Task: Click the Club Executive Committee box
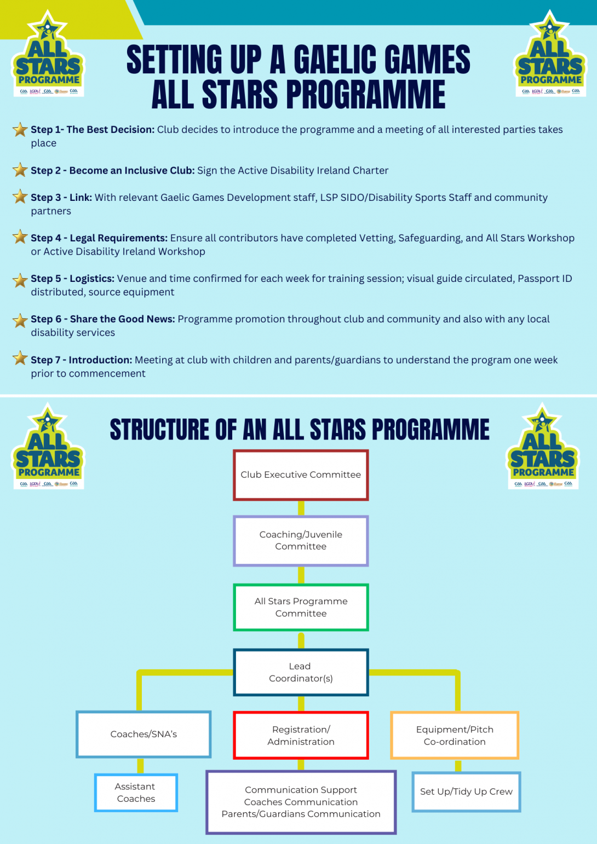(x=301, y=475)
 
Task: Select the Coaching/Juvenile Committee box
(x=301, y=541)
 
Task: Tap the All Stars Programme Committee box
(x=301, y=608)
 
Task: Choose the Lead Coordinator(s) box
(x=301, y=672)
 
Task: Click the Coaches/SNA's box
(x=143, y=735)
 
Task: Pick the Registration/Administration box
(x=301, y=736)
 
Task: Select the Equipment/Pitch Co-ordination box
(x=455, y=736)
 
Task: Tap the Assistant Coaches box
(x=136, y=793)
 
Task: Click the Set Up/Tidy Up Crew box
(x=466, y=792)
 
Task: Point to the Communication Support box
(x=301, y=802)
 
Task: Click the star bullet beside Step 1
(x=20, y=130)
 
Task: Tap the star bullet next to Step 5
(x=20, y=280)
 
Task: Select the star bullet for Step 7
(x=20, y=359)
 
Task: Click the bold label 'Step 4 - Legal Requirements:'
(x=99, y=238)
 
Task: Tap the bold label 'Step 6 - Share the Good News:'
(x=103, y=319)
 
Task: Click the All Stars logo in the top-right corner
(x=550, y=55)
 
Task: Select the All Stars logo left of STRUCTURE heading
(x=48, y=447)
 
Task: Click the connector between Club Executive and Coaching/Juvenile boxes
(x=301, y=508)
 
